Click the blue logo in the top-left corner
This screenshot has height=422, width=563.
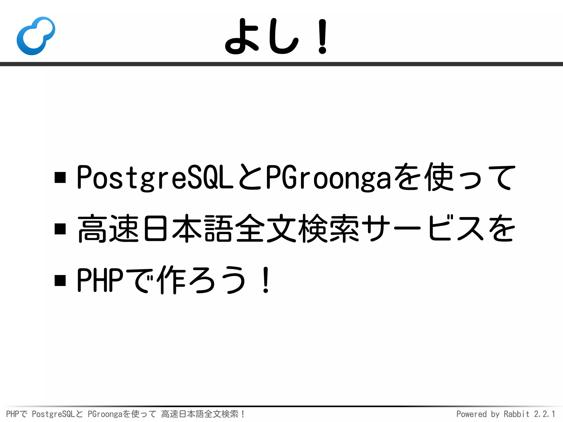coord(36,36)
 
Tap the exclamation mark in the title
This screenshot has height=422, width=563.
coord(322,36)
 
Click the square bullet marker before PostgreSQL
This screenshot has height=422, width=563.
coord(60,177)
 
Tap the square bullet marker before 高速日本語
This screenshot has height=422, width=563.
coord(60,229)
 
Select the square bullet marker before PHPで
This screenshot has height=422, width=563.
coord(60,281)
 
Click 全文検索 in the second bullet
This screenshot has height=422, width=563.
coord(297,229)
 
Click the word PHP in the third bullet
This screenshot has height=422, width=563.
coord(100,280)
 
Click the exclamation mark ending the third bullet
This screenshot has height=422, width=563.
coord(266,280)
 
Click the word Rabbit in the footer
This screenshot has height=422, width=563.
coord(516,414)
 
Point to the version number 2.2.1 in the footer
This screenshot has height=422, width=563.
coord(545,414)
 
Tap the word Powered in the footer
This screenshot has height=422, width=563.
coord(471,414)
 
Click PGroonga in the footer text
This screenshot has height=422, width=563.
coord(105,414)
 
